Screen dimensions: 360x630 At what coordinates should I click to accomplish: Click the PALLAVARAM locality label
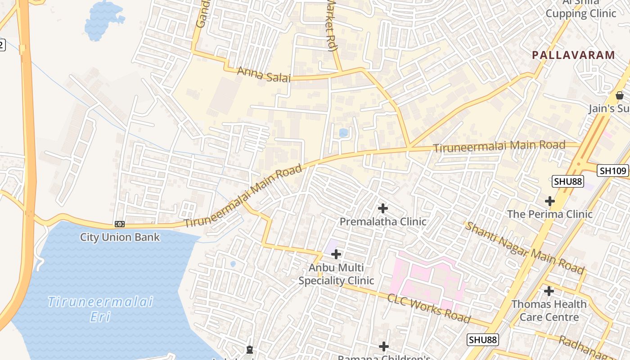point(573,55)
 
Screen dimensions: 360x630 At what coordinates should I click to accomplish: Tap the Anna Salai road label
point(264,74)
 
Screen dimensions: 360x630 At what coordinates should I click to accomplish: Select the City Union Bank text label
point(120,237)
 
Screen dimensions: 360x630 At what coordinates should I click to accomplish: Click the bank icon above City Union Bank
point(119,224)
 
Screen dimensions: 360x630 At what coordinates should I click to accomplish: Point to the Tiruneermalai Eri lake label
point(100,309)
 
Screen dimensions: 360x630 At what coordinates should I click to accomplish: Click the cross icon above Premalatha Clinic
point(383,208)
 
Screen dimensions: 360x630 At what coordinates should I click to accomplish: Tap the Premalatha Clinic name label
point(383,222)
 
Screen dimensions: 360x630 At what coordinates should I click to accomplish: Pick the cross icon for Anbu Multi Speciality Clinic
point(336,254)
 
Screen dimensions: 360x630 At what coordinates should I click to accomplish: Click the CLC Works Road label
point(428,308)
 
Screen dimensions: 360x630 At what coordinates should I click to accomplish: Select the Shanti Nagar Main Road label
point(524,247)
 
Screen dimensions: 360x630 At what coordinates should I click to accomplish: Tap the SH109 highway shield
point(612,171)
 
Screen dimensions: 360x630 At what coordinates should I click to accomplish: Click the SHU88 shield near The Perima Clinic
point(568,181)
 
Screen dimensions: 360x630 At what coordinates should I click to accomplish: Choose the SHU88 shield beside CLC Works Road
point(482,339)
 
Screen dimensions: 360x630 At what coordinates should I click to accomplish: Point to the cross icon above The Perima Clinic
point(549,201)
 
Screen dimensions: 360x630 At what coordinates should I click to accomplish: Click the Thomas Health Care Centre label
point(549,311)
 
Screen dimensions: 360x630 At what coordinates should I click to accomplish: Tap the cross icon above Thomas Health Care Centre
point(549,291)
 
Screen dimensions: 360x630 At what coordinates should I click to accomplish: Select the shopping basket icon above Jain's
point(620,95)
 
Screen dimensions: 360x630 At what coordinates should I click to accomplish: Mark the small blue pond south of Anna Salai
point(343,133)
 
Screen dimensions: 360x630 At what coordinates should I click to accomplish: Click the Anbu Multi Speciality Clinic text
point(336,274)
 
